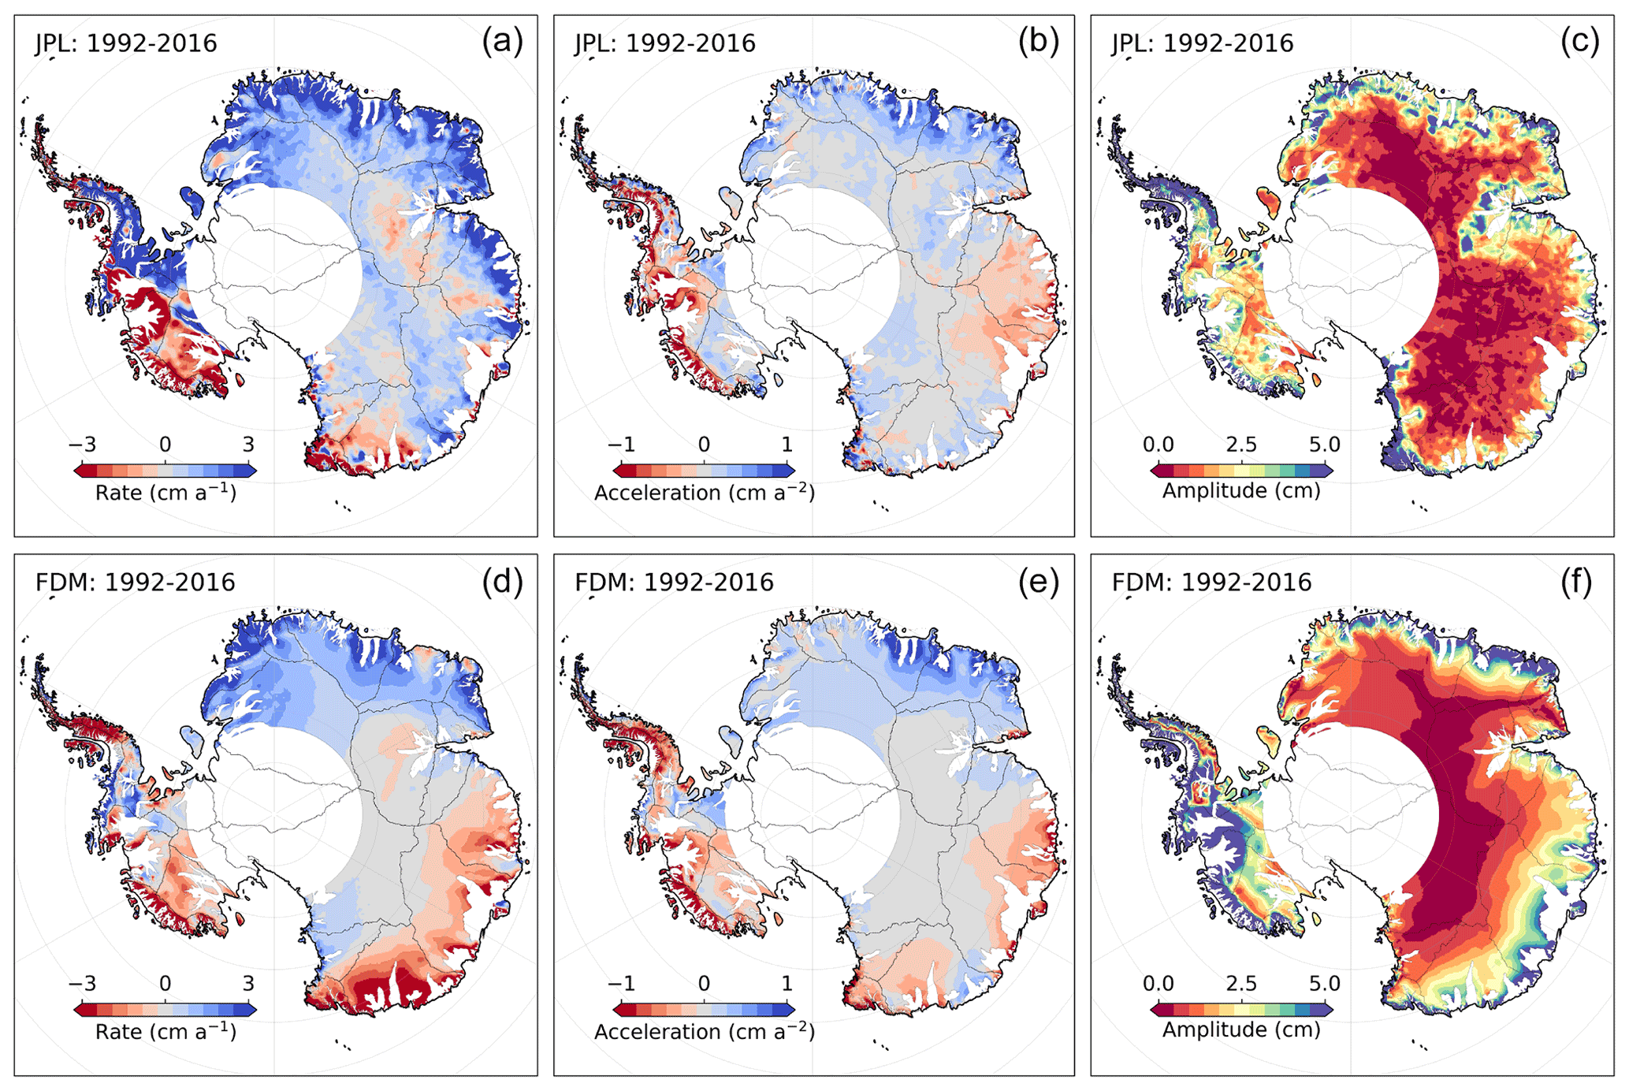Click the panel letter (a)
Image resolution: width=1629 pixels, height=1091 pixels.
pyautogui.click(x=502, y=41)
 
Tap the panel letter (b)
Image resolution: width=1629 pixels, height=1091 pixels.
pyautogui.click(x=1038, y=41)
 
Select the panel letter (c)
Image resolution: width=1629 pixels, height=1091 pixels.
pyautogui.click(x=1579, y=41)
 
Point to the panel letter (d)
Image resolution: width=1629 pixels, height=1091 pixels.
pyautogui.click(x=502, y=581)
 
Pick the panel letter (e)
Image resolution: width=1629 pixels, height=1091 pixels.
pyautogui.click(x=1038, y=581)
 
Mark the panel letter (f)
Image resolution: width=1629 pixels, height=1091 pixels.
pyautogui.click(x=1576, y=581)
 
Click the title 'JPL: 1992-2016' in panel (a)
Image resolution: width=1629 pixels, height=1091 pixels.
pyautogui.click(x=126, y=43)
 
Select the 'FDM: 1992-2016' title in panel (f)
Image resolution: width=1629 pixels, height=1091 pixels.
pyautogui.click(x=1211, y=583)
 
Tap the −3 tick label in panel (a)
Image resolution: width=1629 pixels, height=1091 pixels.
pyautogui.click(x=82, y=445)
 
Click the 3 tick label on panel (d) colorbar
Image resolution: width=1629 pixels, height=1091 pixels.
pyautogui.click(x=248, y=984)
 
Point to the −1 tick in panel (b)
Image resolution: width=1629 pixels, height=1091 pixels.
pyautogui.click(x=621, y=445)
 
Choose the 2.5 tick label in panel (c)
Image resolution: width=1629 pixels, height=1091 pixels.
pyautogui.click(x=1241, y=445)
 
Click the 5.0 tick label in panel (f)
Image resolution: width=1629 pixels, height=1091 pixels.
pyautogui.click(x=1324, y=984)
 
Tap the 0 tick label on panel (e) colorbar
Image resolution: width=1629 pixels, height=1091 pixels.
pyautogui.click(x=704, y=984)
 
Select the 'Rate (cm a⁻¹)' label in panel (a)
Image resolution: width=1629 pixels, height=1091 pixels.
pyautogui.click(x=166, y=493)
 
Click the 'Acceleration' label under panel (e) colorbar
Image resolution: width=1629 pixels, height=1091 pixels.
pyautogui.click(x=657, y=1032)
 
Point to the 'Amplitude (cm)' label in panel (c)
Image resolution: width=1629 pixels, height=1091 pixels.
pyautogui.click(x=1241, y=491)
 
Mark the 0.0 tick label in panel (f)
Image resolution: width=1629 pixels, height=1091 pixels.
pyautogui.click(x=1159, y=984)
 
